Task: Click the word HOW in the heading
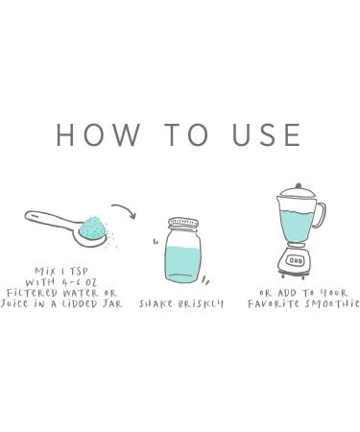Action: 98,134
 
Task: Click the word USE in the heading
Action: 267,134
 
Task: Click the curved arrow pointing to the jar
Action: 125,209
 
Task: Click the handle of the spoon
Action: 51,219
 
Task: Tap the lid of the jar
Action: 183,223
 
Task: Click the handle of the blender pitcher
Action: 321,215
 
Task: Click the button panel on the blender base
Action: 296,260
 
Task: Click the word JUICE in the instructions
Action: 14,303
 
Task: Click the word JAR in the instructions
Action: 112,303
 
